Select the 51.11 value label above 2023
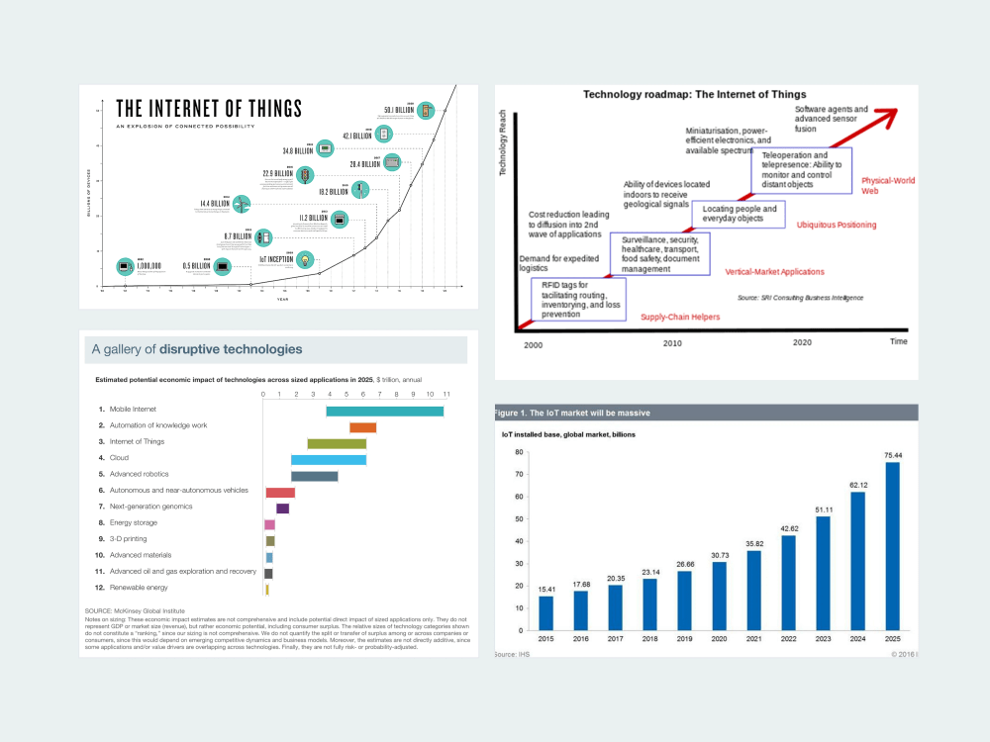coord(823,510)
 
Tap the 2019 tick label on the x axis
coord(685,639)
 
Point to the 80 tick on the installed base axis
coord(517,452)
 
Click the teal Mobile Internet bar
coord(384,411)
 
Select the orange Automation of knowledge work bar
coord(362,427)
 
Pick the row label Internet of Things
coord(137,442)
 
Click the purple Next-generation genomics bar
coord(282,509)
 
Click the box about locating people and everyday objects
coord(740,214)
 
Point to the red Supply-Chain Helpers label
coord(680,318)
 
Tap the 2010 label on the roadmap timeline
coord(673,343)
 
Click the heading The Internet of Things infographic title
coord(209,109)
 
